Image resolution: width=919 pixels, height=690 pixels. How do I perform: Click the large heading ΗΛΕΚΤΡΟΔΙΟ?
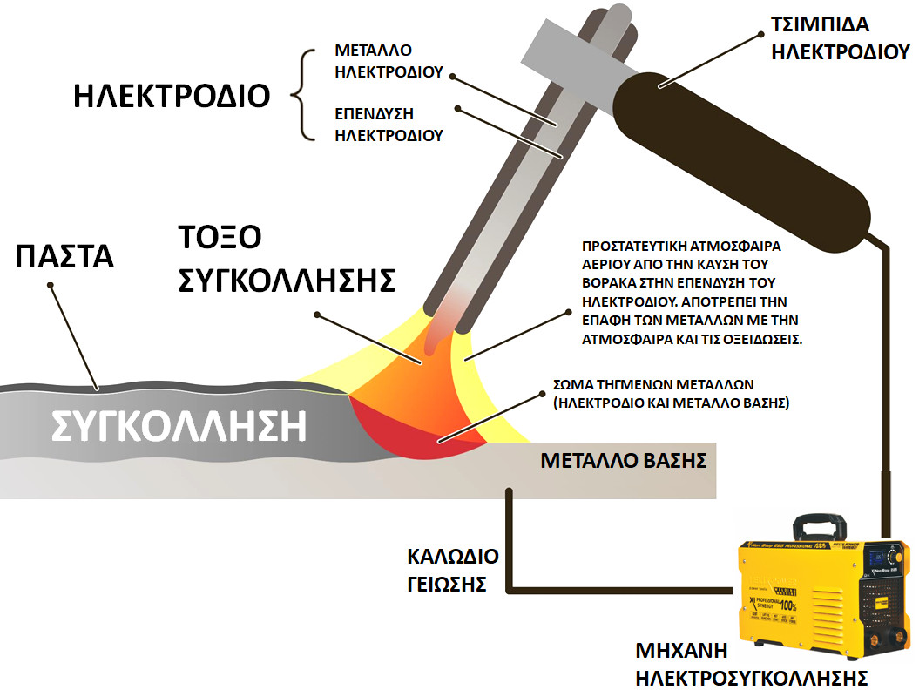[x=172, y=96]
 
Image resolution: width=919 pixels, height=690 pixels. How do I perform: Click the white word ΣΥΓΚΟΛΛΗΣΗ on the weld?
[x=179, y=426]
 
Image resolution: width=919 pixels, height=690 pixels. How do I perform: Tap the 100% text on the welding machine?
[x=789, y=605]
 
